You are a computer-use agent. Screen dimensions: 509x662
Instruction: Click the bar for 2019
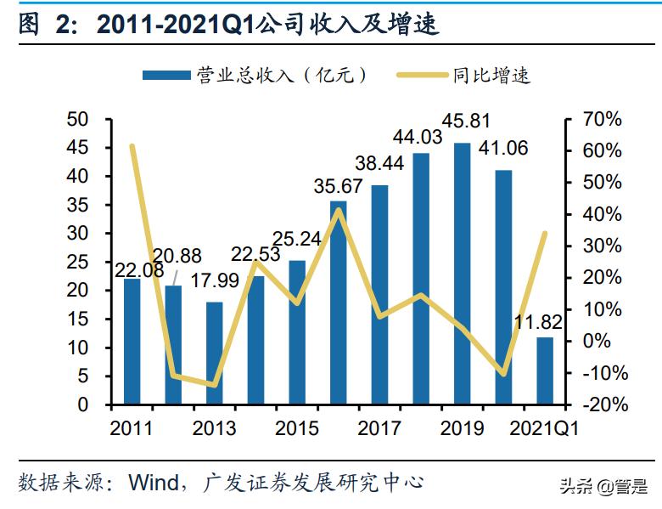[463, 273]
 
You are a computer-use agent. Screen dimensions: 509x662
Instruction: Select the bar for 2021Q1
[544, 370]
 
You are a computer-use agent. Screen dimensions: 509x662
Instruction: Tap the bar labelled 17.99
[215, 353]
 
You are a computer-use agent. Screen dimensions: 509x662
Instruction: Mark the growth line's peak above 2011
[132, 146]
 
